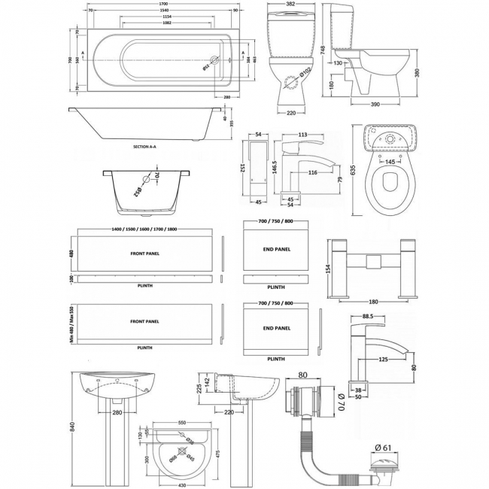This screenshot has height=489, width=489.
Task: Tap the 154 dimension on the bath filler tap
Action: [327, 269]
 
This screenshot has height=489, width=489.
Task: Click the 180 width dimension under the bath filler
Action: [373, 302]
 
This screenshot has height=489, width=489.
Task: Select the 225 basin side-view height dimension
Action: [198, 388]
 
